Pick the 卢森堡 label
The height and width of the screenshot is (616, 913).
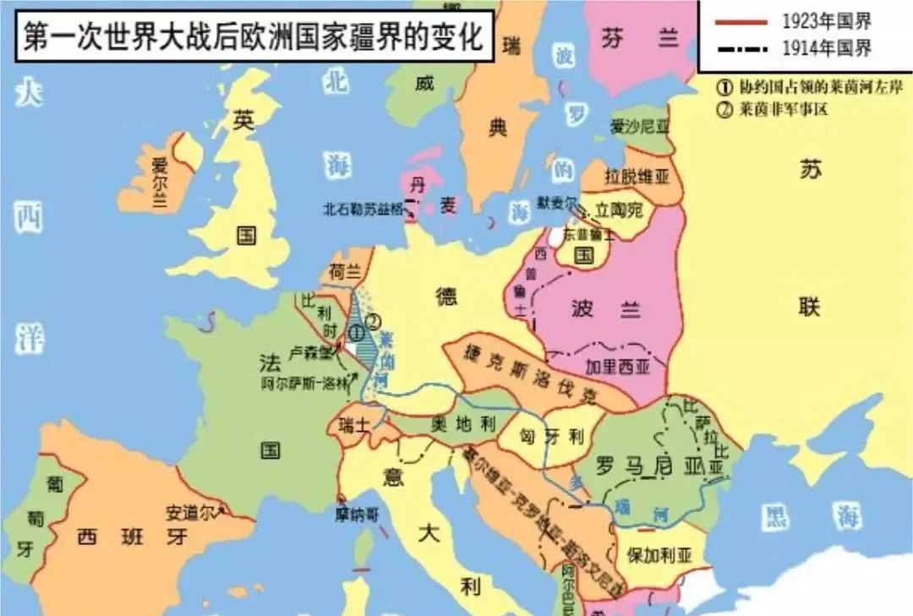[308, 352]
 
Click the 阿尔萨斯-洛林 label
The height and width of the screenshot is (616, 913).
[305, 381]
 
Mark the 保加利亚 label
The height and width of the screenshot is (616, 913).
[660, 555]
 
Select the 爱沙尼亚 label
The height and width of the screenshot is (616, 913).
[638, 127]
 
